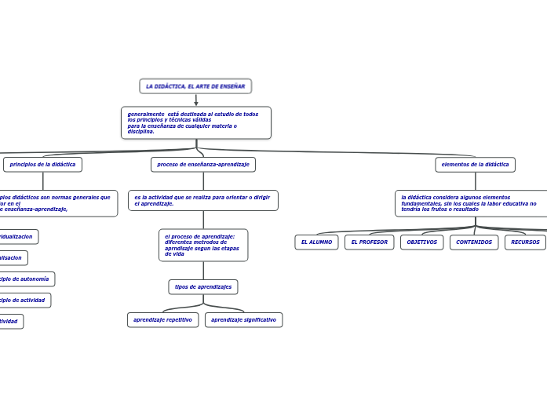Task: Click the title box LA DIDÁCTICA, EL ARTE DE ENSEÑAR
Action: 195,86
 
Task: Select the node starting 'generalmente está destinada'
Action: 195,122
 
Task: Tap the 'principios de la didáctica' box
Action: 43,165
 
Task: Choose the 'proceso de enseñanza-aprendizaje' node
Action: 203,165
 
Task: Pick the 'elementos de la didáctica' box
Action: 475,165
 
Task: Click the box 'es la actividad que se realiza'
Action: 202,200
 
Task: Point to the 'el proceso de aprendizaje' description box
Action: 202,245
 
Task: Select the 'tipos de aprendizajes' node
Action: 203,287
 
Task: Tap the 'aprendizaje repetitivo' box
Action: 162,320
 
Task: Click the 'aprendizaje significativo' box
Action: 243,320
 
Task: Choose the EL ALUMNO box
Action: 316,242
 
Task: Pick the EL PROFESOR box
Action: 369,242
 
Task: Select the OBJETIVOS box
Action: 421,242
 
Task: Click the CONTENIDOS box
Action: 474,242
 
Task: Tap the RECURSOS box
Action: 525,242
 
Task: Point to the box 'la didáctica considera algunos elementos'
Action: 471,203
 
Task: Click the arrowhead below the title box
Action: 196,102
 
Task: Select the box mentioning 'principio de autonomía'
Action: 26,279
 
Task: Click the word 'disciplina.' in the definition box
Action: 141,132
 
